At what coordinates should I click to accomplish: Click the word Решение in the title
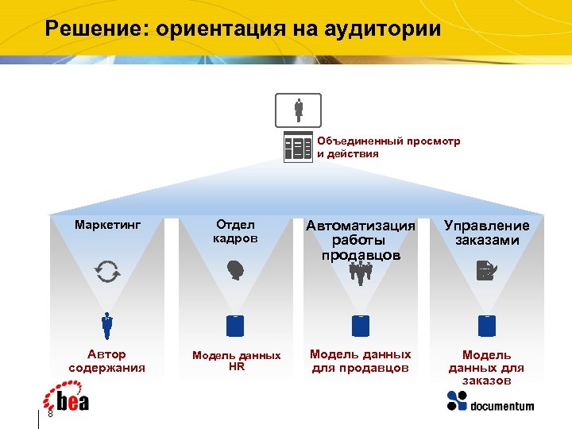click(95, 29)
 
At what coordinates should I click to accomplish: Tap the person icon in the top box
click(298, 110)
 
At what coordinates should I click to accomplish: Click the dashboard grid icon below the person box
click(298, 147)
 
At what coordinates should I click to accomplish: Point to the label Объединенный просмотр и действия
click(388, 147)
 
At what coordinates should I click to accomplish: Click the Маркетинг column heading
click(107, 225)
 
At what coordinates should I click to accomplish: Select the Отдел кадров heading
click(235, 231)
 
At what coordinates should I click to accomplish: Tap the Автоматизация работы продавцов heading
click(361, 240)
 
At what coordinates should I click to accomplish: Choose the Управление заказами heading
click(486, 233)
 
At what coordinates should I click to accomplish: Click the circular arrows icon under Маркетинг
click(107, 272)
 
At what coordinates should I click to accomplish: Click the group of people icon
click(361, 273)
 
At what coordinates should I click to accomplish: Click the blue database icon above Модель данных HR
click(235, 325)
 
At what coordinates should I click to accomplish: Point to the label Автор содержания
click(107, 361)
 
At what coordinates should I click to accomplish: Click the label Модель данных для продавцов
click(361, 361)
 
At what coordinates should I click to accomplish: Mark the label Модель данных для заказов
click(486, 367)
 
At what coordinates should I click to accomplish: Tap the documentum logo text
click(501, 407)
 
